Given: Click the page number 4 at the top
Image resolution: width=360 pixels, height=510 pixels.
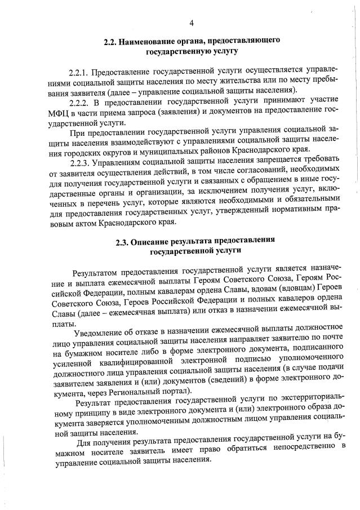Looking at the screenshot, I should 192,23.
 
